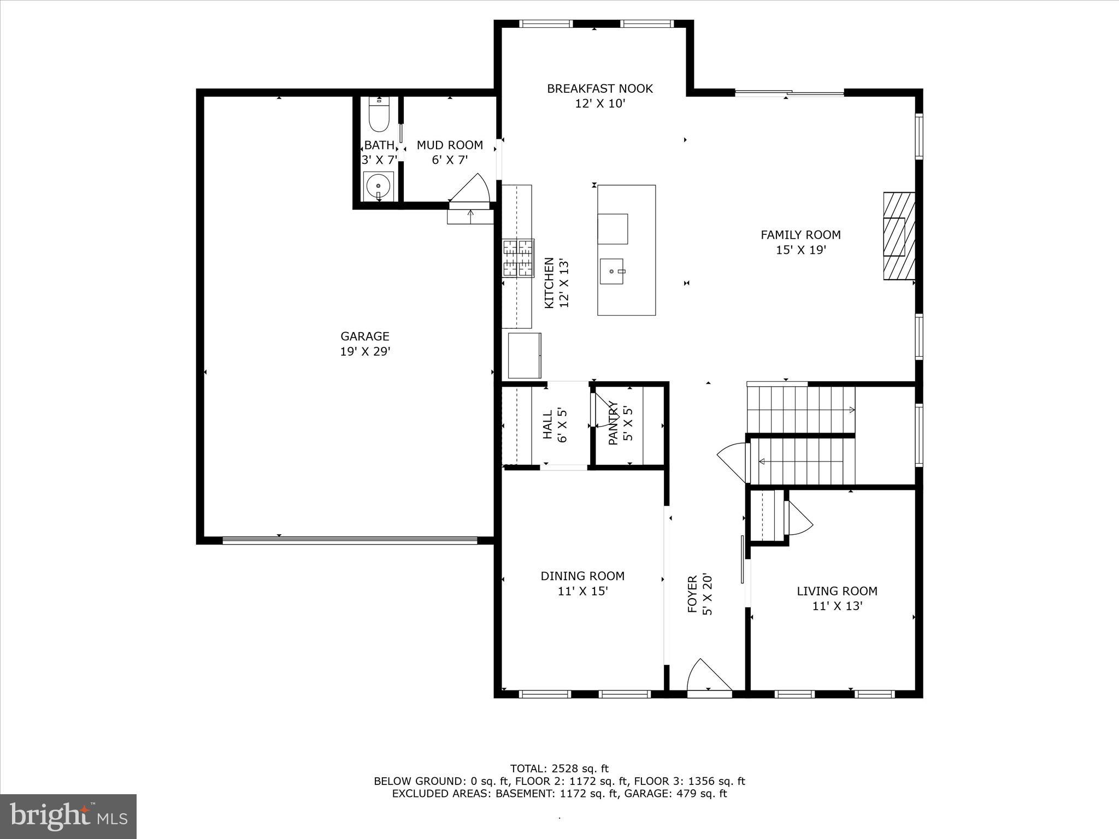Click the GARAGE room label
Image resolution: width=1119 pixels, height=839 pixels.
tap(365, 336)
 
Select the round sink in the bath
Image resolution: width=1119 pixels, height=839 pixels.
tap(378, 186)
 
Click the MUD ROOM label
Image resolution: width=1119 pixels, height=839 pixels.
tap(450, 145)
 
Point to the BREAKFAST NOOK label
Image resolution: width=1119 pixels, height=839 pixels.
tap(600, 88)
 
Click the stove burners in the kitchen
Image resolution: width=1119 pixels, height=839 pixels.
tap(518, 258)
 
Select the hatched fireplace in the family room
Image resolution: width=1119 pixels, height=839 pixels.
tap(899, 236)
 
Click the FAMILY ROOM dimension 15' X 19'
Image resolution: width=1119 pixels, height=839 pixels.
tap(800, 250)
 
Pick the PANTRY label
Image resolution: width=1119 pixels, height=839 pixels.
tap(613, 423)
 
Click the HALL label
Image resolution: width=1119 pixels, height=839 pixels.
tap(547, 425)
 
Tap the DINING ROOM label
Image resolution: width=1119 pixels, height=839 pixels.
tap(582, 576)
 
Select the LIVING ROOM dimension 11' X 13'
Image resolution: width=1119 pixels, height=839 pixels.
tap(837, 606)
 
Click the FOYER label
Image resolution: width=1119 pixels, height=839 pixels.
tap(692, 594)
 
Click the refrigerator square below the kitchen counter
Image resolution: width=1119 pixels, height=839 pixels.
tap(524, 355)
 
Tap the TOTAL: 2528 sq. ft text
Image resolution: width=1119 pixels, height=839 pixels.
tap(559, 769)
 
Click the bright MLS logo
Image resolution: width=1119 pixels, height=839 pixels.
tap(68, 817)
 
